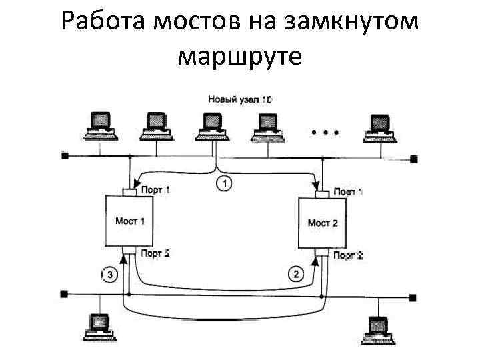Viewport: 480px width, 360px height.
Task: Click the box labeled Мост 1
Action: (x=130, y=221)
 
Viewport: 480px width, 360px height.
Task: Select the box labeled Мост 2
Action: (x=322, y=223)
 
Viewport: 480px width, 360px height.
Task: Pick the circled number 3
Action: (x=109, y=272)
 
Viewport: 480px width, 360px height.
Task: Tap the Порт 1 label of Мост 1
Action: (x=155, y=189)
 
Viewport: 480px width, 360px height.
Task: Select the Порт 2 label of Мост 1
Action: (x=155, y=253)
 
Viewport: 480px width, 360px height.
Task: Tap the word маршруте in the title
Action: (x=240, y=57)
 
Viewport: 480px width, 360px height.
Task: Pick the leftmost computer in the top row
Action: (x=100, y=125)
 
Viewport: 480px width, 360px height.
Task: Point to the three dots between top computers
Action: (x=326, y=131)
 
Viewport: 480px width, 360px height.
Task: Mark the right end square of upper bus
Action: (x=414, y=159)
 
